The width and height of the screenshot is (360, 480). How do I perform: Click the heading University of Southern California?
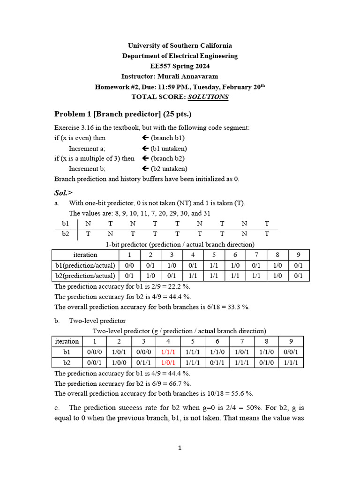coord(180,45)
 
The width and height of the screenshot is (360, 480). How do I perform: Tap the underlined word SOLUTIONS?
coord(208,97)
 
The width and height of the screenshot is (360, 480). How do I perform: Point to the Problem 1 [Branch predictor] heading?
coord(123,114)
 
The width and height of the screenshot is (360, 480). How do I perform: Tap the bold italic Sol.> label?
coord(64,192)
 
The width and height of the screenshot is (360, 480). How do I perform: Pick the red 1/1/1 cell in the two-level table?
coord(168,352)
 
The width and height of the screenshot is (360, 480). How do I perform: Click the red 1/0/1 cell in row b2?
coord(168,362)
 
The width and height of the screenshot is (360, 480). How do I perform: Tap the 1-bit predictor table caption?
coord(180,244)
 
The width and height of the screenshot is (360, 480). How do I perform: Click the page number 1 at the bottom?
coord(180,448)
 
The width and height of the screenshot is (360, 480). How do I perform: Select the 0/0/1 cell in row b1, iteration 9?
coord(291,352)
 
